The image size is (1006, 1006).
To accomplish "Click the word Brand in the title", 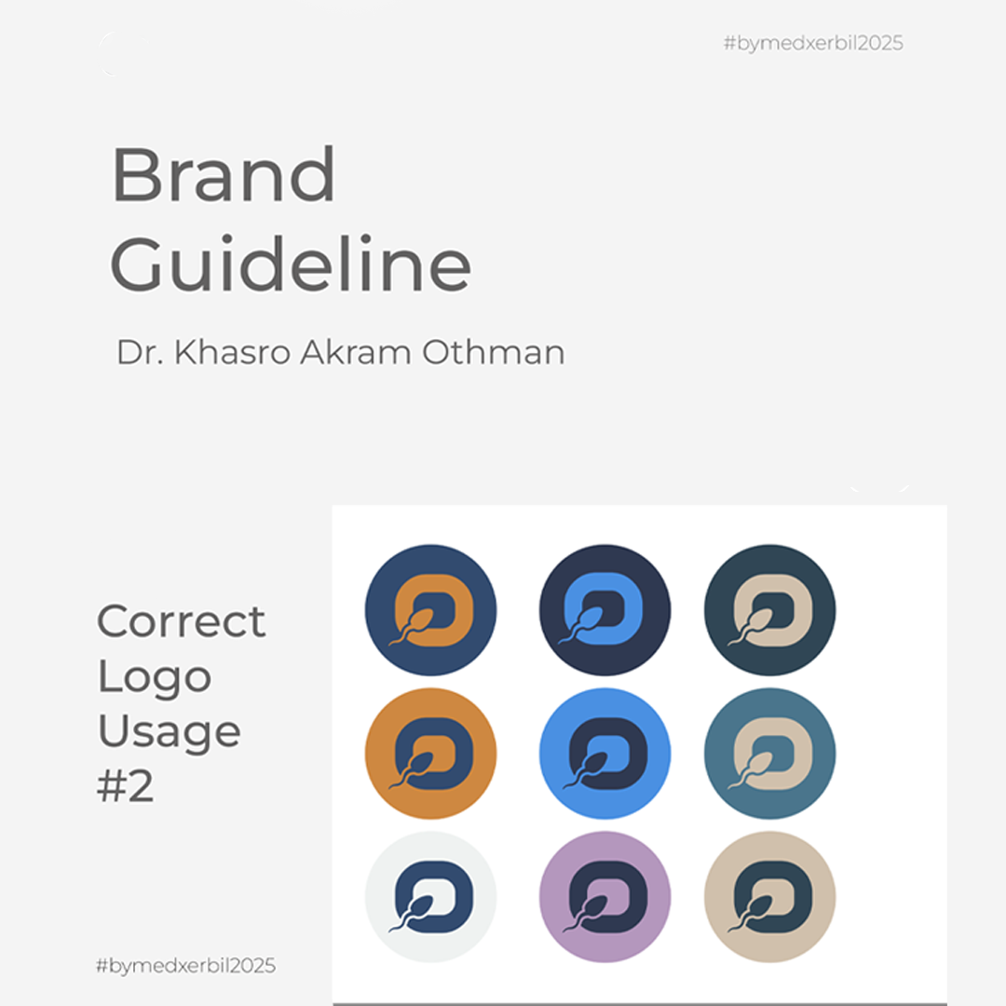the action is tap(224, 174).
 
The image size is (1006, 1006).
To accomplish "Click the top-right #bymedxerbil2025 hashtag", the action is tap(813, 44).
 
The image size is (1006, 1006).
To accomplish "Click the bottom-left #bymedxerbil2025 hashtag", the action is tap(186, 966).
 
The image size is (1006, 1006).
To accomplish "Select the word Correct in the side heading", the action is tap(181, 621).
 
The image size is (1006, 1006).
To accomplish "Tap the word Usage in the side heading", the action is tap(170, 732).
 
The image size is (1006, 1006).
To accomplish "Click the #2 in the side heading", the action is tap(125, 786).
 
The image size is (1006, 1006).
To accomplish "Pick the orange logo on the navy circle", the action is tap(430, 610).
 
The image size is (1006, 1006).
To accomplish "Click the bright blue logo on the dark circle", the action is tap(605, 610).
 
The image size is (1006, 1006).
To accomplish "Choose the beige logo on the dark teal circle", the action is tap(770, 610).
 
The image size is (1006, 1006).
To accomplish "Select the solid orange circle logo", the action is tap(430, 754).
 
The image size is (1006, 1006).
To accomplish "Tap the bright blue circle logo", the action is tap(605, 754).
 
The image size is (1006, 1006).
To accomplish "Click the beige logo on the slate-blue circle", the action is tap(770, 754).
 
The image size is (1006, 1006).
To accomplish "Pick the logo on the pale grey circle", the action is tap(430, 897).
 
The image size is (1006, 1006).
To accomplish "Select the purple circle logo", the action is tap(605, 897).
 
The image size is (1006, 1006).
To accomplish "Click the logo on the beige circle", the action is tap(770, 897).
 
